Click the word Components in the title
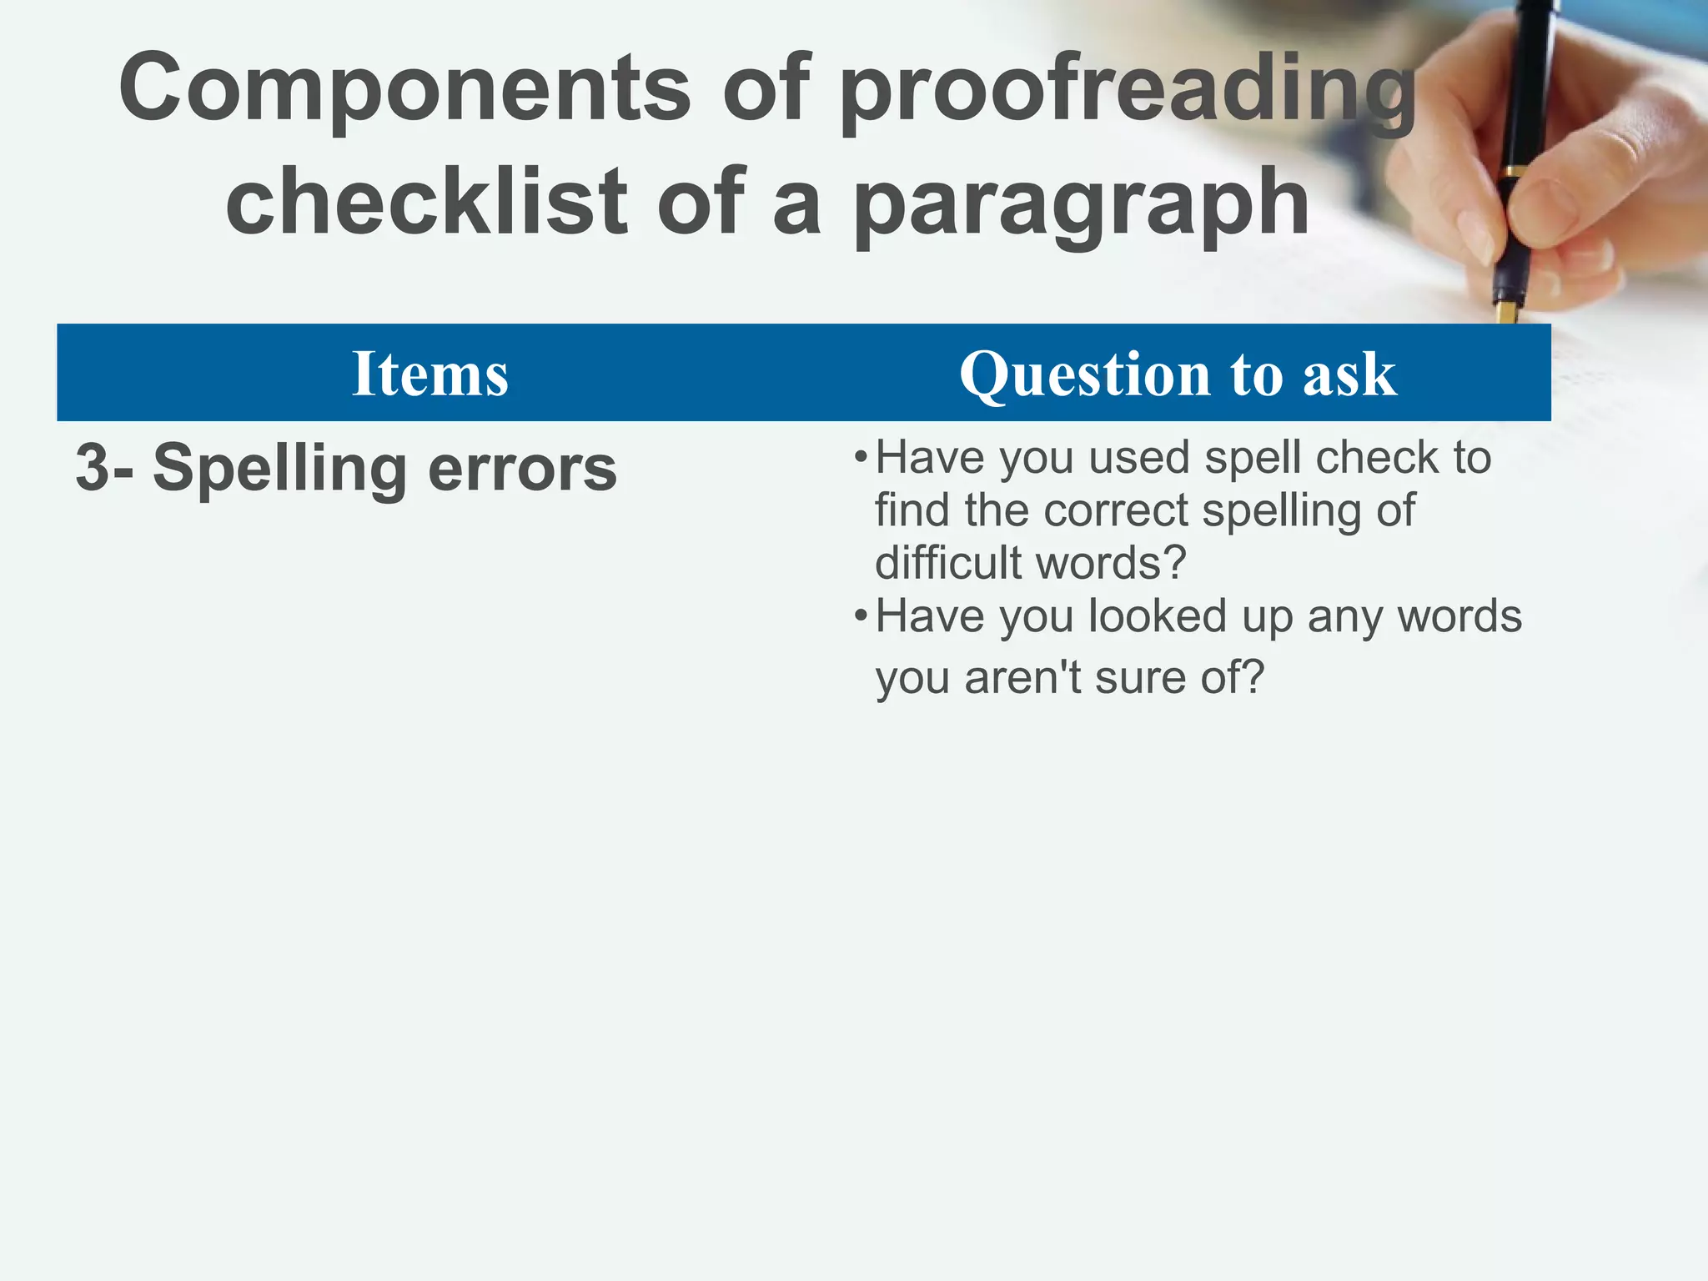pyautogui.click(x=404, y=88)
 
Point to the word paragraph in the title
pyautogui.click(x=1081, y=205)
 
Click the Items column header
pyautogui.click(x=430, y=374)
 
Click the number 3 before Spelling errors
pyautogui.click(x=91, y=468)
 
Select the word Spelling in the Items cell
pyautogui.click(x=280, y=470)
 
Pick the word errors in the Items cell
pyautogui.click(x=523, y=470)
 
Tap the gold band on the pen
pyautogui.click(x=1511, y=173)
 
